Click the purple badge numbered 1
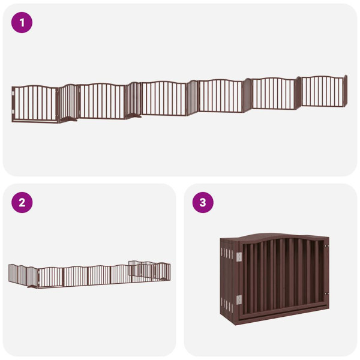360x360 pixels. point(22,23)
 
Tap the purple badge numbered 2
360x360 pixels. point(22,203)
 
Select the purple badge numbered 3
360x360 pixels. point(202,203)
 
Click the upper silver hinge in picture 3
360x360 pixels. point(239,257)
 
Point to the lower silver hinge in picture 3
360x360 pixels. point(239,299)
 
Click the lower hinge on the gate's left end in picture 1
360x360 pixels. point(13,111)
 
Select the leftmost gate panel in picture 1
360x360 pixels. point(35,104)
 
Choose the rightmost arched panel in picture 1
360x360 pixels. point(323,91)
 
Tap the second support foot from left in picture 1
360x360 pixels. point(133,116)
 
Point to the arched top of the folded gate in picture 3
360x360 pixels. point(282,238)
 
